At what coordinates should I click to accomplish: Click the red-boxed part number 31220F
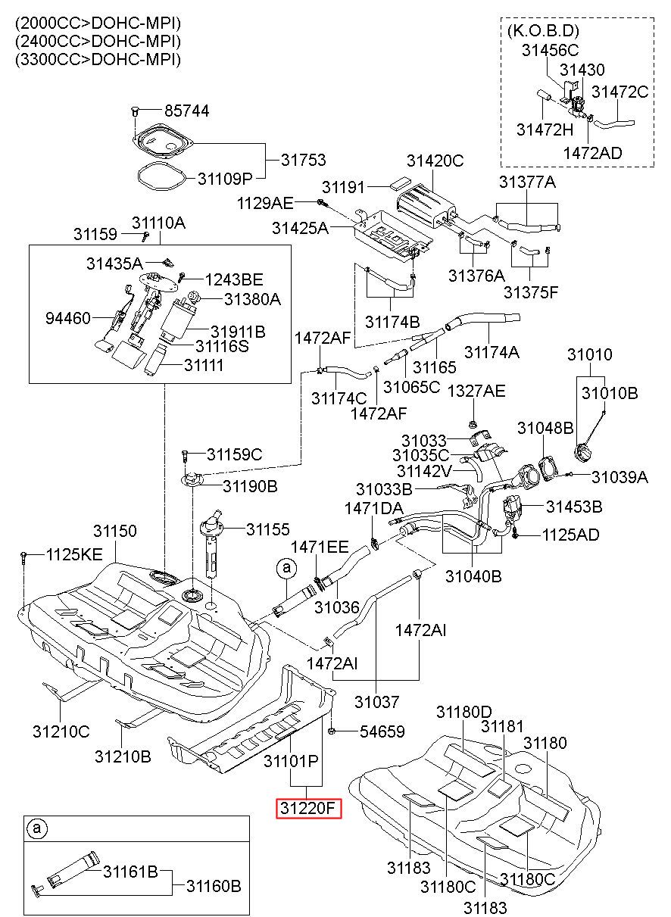click(308, 808)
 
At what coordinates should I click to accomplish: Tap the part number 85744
click(187, 111)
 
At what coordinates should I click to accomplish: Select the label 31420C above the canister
click(435, 161)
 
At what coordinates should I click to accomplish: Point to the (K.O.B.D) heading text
click(543, 31)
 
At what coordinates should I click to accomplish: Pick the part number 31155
click(267, 529)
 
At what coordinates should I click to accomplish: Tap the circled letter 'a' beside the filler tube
click(286, 568)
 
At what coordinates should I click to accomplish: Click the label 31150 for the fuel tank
click(114, 531)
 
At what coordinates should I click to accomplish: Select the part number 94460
click(67, 318)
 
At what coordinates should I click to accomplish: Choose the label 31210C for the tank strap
click(61, 731)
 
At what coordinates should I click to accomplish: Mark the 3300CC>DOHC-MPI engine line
click(98, 60)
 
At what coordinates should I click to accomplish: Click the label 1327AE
click(476, 391)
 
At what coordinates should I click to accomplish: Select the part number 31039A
click(620, 476)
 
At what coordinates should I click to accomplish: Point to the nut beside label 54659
click(332, 731)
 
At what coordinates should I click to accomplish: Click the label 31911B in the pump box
click(238, 331)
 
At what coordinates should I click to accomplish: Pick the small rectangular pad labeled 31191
click(400, 182)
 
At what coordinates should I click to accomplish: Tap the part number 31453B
click(574, 507)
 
